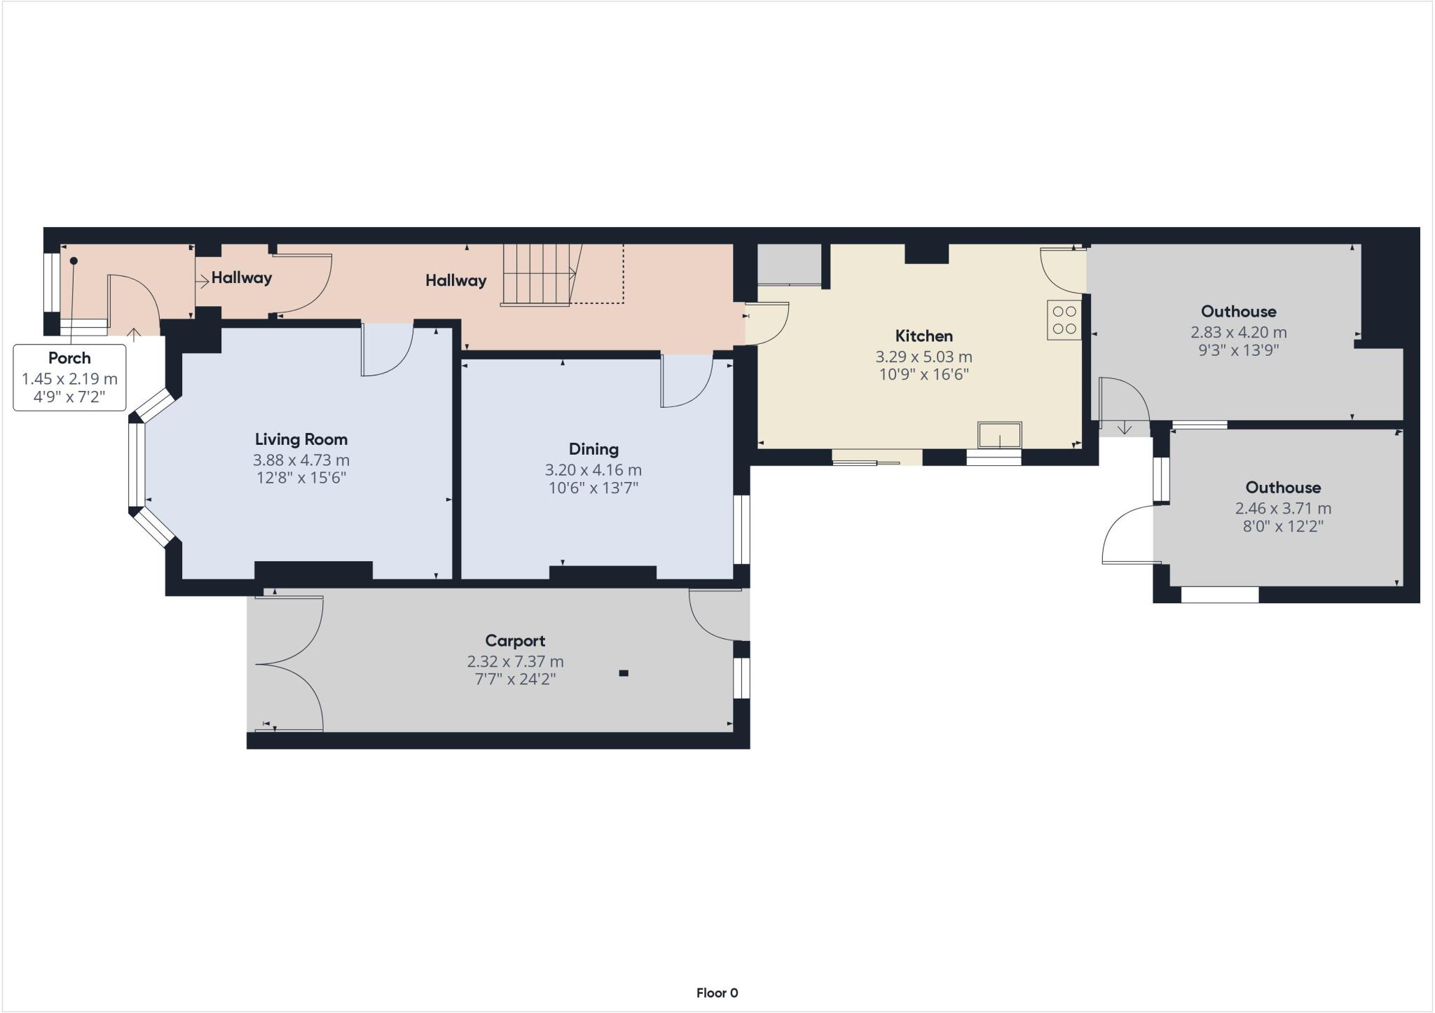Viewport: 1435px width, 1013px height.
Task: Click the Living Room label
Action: pos(301,439)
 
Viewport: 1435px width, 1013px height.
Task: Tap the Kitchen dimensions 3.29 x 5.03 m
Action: pos(924,357)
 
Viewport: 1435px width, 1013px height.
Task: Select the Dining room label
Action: pos(593,449)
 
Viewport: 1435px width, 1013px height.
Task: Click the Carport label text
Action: pos(515,640)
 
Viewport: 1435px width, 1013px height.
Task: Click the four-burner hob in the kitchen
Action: pos(1064,319)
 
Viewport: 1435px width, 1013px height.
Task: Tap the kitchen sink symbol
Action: pos(1000,434)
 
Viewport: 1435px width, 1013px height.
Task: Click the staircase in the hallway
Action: pos(540,274)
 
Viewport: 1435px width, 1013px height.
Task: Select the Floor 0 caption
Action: pos(717,993)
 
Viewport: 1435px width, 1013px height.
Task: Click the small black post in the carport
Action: pos(623,673)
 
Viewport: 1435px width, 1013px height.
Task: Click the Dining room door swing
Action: pos(686,380)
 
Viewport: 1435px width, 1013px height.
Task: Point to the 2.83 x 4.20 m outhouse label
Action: pos(1238,331)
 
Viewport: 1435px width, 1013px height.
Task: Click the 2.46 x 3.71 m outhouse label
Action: pos(1283,507)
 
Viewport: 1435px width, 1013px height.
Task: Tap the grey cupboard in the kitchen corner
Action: pos(789,264)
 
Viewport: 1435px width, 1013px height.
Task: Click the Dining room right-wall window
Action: pos(741,530)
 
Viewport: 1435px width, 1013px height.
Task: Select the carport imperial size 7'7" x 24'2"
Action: pos(515,679)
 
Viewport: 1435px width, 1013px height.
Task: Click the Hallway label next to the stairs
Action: pos(455,280)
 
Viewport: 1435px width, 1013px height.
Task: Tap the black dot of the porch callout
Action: pos(73,261)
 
